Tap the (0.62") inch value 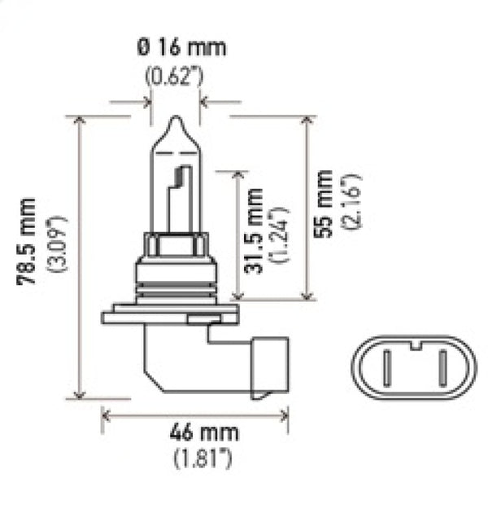pyautogui.click(x=176, y=77)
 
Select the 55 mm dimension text pyautogui.click(x=324, y=204)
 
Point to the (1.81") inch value pyautogui.click(x=201, y=458)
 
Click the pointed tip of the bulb pyautogui.click(x=176, y=120)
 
